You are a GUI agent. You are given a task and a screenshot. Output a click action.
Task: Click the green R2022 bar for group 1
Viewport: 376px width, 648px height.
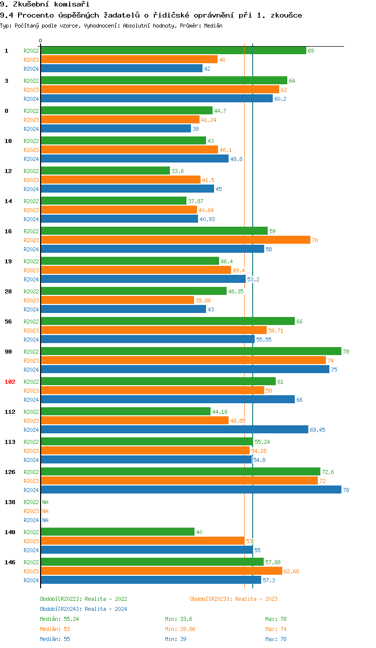pos(173,51)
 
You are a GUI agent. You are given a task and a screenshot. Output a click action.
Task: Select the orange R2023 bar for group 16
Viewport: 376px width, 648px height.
pos(175,240)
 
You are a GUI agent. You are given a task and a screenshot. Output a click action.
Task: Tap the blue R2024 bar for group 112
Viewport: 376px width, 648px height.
pos(174,430)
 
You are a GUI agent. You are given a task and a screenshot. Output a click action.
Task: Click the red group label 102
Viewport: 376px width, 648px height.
pos(10,382)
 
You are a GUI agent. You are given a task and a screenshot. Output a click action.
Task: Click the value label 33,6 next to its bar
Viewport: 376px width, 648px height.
pos(177,171)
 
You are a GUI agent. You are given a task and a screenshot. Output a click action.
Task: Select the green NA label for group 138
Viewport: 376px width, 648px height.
pos(45,502)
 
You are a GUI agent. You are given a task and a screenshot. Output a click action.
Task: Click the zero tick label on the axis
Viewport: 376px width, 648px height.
pos(41,41)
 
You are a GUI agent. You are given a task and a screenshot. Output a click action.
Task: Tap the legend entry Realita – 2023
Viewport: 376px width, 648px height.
pos(234,599)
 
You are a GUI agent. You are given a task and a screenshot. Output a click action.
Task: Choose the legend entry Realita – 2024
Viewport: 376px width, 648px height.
pos(83,609)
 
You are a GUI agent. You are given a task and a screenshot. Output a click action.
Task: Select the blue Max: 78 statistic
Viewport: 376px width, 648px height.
pos(276,639)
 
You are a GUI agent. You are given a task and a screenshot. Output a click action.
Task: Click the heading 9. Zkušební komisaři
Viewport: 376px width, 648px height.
pos(38,5)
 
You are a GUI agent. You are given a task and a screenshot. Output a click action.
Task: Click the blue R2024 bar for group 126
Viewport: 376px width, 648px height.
pos(191,490)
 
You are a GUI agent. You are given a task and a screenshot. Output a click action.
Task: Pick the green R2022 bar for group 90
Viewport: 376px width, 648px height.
pos(191,352)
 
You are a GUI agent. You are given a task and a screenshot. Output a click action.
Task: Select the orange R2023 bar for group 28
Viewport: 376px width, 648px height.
pos(117,300)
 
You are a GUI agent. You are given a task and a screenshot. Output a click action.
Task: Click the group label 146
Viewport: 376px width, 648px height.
pos(10,562)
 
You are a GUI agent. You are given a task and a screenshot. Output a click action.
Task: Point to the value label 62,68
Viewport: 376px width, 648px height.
pos(292,571)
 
